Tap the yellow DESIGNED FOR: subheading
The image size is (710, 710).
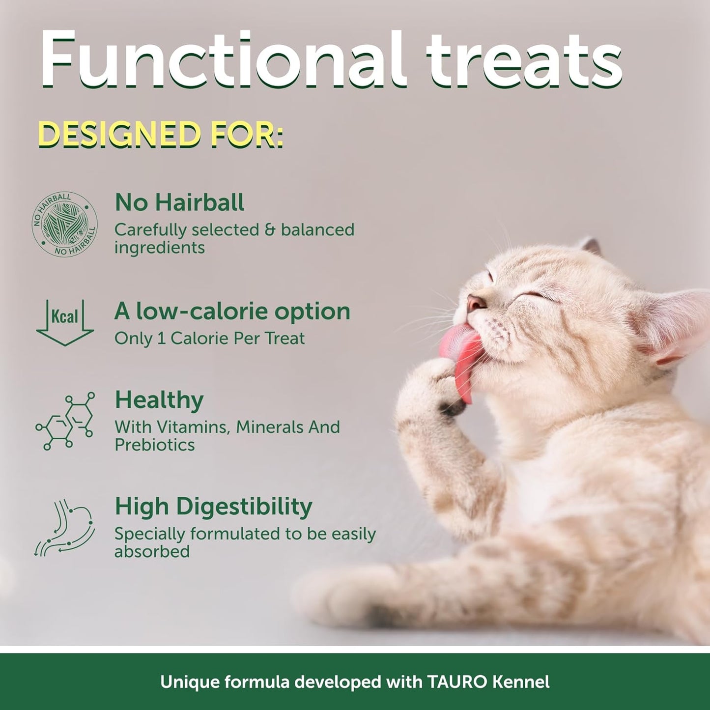click(161, 134)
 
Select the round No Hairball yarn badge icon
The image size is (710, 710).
click(65, 225)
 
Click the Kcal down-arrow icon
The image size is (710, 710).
click(65, 322)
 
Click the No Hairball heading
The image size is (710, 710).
click(179, 202)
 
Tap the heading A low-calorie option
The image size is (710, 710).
click(232, 311)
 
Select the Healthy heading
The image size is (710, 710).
click(159, 400)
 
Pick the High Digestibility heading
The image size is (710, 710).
click(213, 506)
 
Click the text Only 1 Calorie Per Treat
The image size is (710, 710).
click(209, 338)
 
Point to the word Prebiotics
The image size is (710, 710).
click(155, 445)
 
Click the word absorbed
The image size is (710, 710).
click(152, 551)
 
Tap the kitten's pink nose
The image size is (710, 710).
click(476, 302)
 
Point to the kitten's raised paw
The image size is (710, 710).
click(432, 388)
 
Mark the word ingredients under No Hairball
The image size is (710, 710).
click(159, 248)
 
